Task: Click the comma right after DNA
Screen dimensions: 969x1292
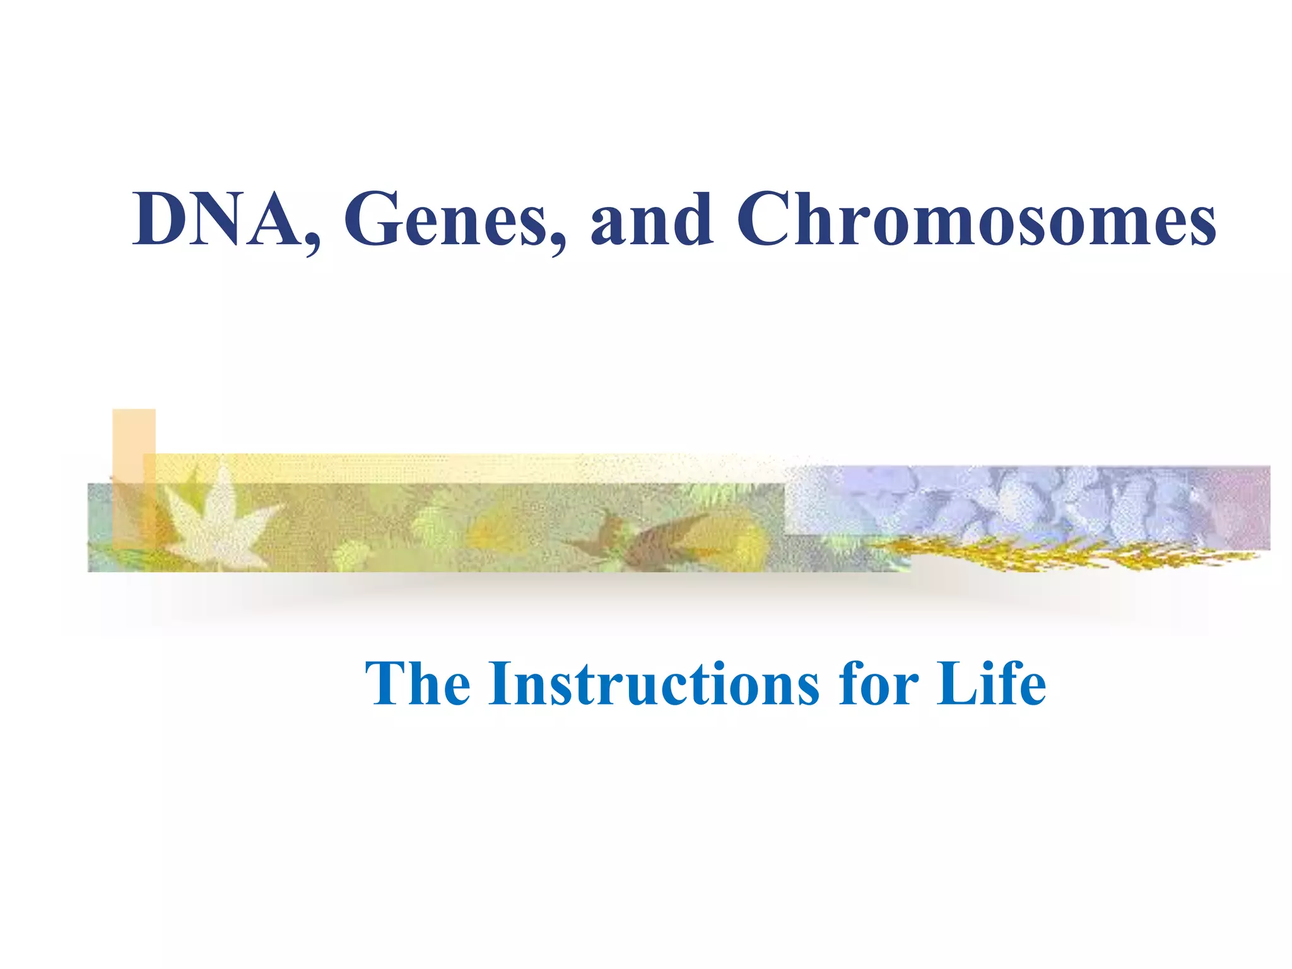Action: point(312,243)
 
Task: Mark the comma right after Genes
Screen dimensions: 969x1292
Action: point(558,243)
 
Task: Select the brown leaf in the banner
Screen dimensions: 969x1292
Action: point(650,536)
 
